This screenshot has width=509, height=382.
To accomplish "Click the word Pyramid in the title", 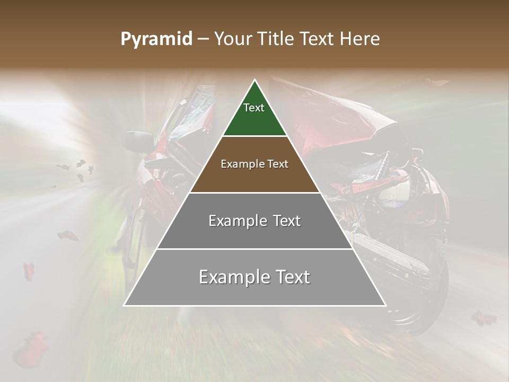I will click(156, 39).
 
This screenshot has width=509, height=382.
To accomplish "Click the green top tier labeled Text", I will click(254, 114).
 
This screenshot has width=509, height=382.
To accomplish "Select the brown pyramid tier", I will click(254, 164).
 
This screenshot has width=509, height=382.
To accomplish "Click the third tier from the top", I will click(254, 221).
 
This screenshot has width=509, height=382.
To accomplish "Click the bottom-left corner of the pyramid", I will click(125, 305).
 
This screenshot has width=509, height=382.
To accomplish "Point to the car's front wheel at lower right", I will click(419, 297).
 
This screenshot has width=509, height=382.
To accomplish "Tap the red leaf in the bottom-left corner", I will click(30, 350).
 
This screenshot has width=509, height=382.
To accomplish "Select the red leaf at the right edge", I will click(484, 318).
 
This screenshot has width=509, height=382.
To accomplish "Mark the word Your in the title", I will click(231, 39).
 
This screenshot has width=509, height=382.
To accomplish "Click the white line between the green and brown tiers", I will click(254, 136).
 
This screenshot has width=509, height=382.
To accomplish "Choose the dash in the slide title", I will click(203, 39).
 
